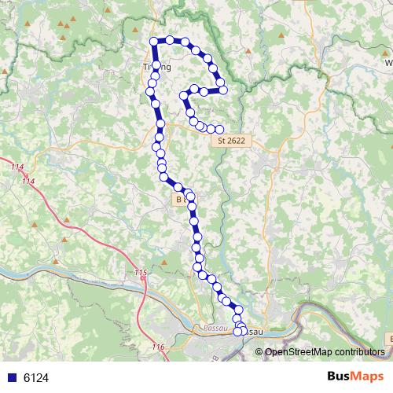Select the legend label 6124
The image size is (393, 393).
pos(36,378)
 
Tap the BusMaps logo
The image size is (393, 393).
pos(355,377)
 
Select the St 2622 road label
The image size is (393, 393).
pos(231,141)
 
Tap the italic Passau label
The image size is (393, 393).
pos(214,325)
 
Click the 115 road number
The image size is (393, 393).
pos(141,273)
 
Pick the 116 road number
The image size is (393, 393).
pos(159,347)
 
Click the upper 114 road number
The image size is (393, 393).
pos(17,167)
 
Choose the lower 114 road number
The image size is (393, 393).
pos(29,182)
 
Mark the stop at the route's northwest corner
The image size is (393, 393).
pos(154,41)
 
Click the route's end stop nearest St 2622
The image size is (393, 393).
pos(220,130)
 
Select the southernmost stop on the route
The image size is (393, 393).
pos(238,332)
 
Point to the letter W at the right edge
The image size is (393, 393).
pos(387,62)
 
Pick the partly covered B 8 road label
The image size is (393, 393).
pos(180,200)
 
